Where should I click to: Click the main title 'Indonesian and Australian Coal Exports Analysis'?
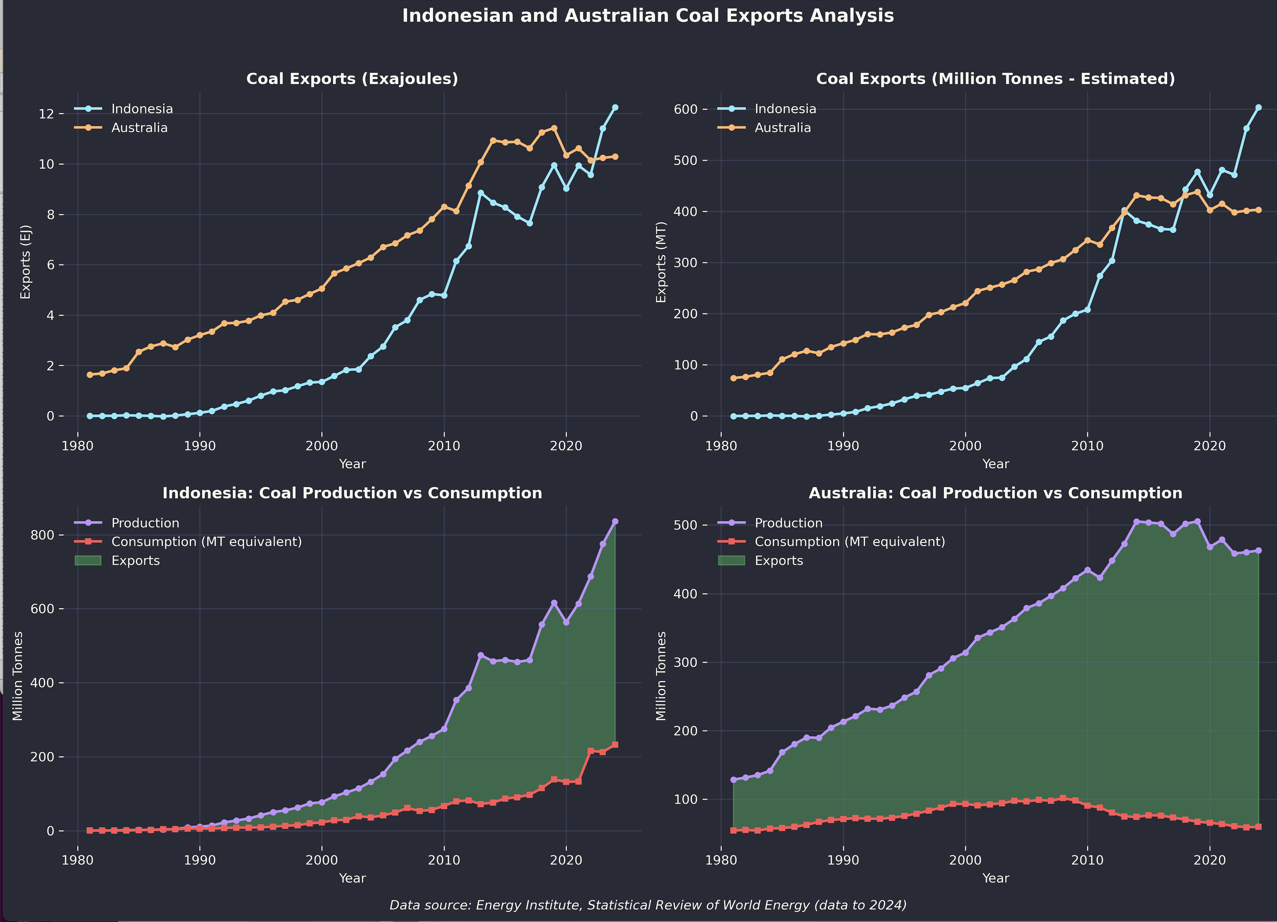point(648,16)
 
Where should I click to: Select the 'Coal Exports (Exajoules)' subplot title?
point(352,79)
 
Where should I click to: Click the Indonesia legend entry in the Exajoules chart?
point(142,109)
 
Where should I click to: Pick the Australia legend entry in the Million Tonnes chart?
point(782,128)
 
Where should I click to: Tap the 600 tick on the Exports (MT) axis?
point(687,109)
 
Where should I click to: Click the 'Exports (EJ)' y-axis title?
point(25,262)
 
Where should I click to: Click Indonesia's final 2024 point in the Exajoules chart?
point(615,107)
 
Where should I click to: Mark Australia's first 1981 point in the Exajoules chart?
point(90,374)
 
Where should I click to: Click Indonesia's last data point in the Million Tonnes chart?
point(1258,107)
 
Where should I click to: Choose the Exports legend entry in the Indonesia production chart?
point(135,561)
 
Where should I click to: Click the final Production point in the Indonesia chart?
point(615,521)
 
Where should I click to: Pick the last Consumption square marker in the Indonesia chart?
point(615,745)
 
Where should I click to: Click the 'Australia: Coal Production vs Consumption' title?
point(995,493)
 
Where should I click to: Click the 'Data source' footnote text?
point(648,905)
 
